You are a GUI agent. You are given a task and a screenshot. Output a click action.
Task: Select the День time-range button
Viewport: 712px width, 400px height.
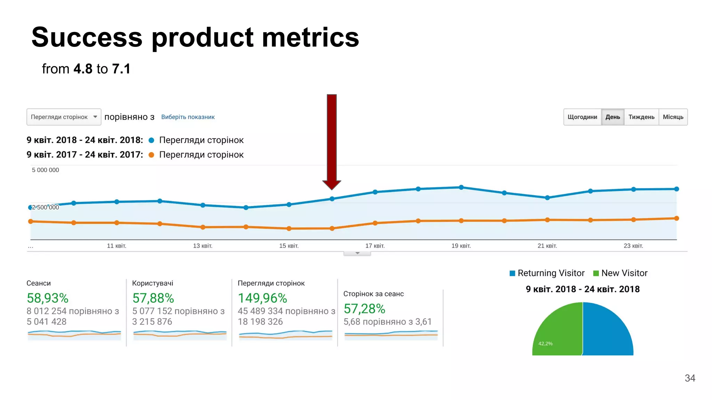(613, 117)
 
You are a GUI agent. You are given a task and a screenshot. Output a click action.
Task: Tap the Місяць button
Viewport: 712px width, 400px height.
(673, 117)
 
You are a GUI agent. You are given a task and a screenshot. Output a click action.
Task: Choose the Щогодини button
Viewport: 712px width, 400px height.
(582, 117)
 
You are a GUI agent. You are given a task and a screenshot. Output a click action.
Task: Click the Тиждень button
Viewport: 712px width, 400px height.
(641, 117)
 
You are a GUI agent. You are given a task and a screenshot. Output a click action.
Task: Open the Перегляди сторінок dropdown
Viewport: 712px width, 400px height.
(64, 117)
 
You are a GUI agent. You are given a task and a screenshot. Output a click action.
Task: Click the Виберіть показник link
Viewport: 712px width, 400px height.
(188, 117)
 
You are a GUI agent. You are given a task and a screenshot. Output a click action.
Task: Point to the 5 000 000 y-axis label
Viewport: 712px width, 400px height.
(46, 170)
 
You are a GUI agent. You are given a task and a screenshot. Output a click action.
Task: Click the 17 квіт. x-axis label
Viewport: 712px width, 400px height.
(375, 246)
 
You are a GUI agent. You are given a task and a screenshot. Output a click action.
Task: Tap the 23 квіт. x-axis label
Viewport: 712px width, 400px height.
(633, 246)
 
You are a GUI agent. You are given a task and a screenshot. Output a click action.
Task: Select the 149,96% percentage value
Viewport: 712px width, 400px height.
(262, 298)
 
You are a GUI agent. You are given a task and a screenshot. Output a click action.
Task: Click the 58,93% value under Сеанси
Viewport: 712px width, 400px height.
(48, 298)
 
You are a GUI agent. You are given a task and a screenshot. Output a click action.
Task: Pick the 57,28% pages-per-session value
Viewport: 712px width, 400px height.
(364, 309)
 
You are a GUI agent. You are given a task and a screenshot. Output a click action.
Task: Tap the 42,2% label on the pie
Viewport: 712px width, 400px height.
(545, 344)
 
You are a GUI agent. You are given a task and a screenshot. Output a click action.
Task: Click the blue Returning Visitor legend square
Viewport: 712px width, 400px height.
(512, 273)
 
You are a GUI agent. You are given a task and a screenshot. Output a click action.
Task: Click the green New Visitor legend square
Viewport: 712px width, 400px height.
(596, 273)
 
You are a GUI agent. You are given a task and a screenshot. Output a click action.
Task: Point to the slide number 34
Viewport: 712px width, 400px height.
(690, 378)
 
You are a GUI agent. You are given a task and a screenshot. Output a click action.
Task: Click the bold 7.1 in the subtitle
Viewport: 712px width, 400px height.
(121, 69)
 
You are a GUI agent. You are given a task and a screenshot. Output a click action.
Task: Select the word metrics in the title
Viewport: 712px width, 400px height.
(310, 37)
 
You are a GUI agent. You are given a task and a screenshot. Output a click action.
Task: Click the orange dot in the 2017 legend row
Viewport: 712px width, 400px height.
(151, 155)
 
